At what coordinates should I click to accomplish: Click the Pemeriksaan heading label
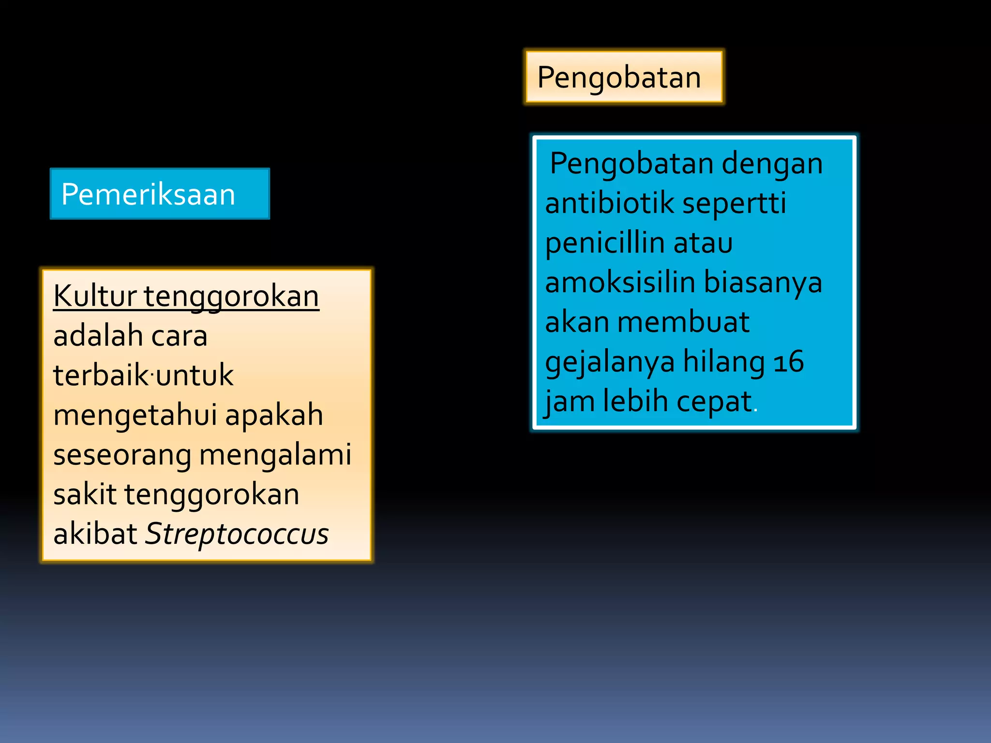[x=148, y=194]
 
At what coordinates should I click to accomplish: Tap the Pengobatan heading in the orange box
[x=619, y=77]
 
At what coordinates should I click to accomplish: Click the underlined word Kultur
[x=95, y=296]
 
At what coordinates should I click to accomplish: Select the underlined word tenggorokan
[x=231, y=297]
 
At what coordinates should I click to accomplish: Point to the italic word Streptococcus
[x=237, y=534]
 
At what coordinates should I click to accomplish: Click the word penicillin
[x=605, y=242]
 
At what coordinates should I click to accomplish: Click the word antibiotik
[x=610, y=203]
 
